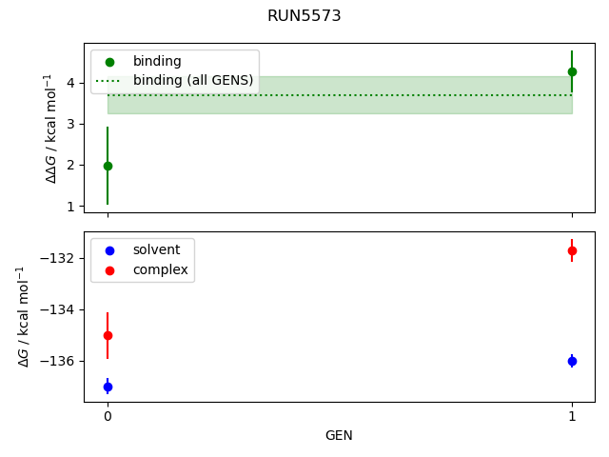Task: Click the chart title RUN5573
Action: click(304, 16)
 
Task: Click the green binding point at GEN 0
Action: click(108, 166)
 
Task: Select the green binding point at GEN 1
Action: click(572, 71)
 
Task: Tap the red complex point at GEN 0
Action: click(108, 335)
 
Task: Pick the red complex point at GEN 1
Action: click(572, 250)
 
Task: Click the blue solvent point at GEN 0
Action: click(108, 387)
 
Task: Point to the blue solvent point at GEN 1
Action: click(572, 361)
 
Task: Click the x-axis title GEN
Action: click(339, 435)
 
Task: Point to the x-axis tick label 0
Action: click(108, 416)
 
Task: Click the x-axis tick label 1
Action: click(572, 416)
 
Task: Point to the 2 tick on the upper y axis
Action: click(71, 165)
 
